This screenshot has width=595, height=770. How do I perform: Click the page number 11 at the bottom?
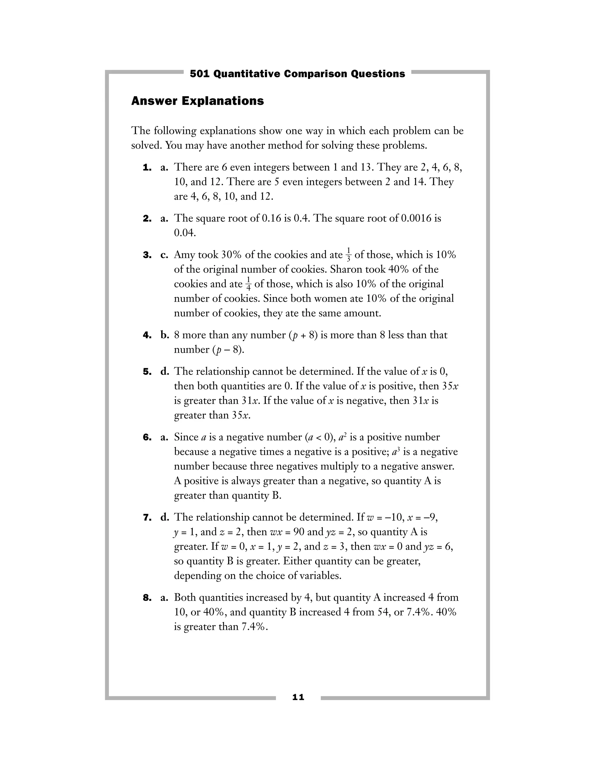pos(298,697)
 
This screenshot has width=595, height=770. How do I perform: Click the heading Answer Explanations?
pos(197,101)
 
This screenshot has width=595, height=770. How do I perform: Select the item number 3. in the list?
pos(147,255)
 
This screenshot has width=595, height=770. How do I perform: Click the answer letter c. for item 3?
pos(164,255)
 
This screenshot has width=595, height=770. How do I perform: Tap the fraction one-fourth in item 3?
pos(248,284)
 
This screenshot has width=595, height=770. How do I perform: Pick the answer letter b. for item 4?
pos(165,335)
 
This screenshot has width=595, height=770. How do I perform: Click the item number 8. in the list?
pos(147,598)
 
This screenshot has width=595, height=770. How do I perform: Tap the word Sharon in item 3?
pos(346,269)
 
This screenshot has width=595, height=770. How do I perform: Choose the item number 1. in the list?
pos(147,167)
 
